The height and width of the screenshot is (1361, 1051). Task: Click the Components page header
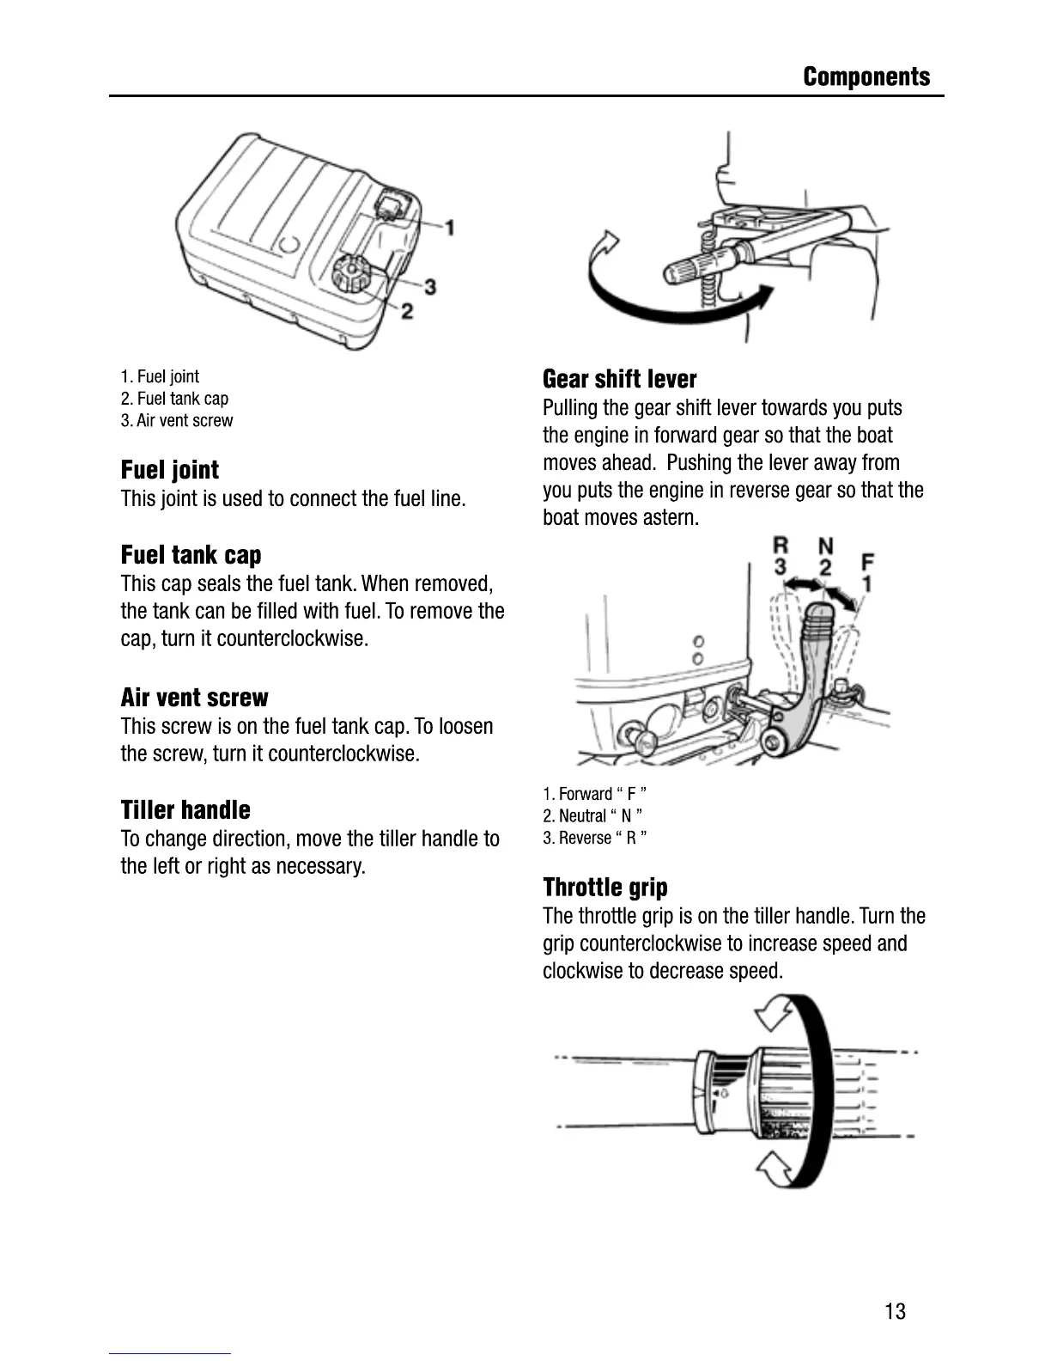tap(866, 76)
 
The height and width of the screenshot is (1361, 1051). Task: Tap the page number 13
tap(894, 1311)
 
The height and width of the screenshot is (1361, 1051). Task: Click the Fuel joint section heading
tap(169, 470)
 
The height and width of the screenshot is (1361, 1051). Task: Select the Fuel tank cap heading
tap(191, 555)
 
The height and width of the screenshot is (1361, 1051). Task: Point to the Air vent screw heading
tap(194, 697)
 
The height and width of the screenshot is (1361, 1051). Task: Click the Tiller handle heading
tap(185, 810)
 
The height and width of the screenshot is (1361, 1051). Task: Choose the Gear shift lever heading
tap(619, 379)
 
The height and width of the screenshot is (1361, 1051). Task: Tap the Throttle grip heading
tap(604, 887)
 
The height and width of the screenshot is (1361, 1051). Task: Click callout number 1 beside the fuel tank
tap(448, 227)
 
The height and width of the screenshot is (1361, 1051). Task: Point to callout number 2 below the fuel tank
tap(407, 310)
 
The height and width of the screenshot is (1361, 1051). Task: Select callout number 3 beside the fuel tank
tap(429, 286)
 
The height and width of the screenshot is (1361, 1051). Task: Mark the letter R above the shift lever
tap(781, 545)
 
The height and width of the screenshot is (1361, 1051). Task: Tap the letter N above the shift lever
tap(825, 546)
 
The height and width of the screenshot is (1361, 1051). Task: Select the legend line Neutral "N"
tap(592, 815)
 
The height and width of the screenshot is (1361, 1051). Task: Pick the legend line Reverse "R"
tap(594, 838)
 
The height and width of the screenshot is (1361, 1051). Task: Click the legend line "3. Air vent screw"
tap(177, 420)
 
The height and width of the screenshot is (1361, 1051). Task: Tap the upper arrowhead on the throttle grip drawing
tap(772, 1016)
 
